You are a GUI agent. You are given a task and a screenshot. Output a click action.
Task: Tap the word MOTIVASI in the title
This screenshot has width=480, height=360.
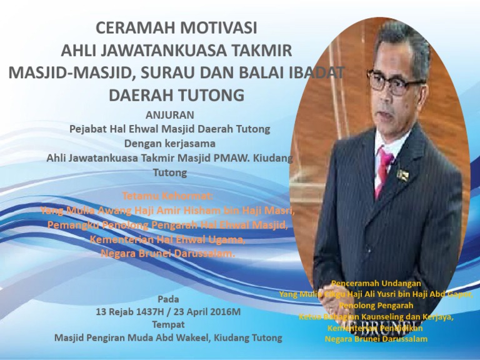[219, 28]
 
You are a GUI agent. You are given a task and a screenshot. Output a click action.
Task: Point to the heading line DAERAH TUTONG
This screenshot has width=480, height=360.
[176, 96]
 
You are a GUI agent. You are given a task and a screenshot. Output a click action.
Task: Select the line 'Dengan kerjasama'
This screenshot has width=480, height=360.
[169, 143]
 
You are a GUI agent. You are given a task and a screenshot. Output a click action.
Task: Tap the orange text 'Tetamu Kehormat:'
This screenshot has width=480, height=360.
[169, 195]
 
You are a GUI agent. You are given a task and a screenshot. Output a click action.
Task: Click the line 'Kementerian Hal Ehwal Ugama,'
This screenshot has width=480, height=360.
[167, 239]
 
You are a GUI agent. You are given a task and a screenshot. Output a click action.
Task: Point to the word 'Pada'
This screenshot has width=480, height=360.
[168, 299]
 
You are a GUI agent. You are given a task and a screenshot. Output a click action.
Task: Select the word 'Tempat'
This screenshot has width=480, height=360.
[168, 324]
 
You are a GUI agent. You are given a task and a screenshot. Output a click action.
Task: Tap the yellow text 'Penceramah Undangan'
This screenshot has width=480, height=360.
[376, 283]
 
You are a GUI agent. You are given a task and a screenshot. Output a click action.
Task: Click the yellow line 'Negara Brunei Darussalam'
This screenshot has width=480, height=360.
[376, 339]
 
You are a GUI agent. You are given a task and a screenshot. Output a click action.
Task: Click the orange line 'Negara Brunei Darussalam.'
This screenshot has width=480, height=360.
[168, 254]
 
